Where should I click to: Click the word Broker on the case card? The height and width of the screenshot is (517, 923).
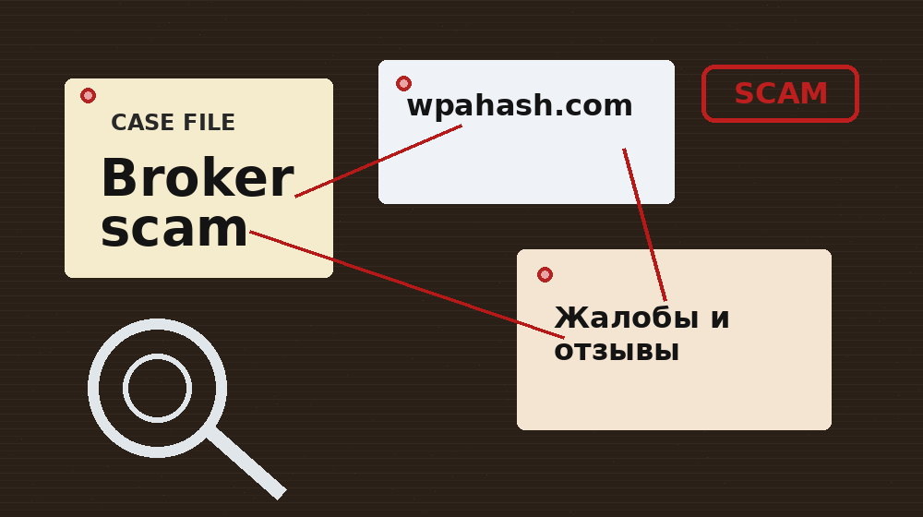pos(196,179)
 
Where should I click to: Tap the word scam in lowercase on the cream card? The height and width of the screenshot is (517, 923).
pos(174,229)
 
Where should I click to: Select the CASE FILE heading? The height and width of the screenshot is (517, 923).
pos(173,123)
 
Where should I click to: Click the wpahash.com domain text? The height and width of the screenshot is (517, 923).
pos(520,106)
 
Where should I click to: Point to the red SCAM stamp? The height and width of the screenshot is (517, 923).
pos(781,93)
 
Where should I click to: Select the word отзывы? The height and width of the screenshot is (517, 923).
pos(617,351)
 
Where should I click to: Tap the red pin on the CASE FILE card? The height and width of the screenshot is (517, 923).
pos(88,95)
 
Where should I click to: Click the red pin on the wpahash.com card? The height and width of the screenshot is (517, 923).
pos(403,84)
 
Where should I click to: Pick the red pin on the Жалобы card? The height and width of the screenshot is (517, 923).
pos(545,274)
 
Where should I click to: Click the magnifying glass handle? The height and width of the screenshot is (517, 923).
pos(246,463)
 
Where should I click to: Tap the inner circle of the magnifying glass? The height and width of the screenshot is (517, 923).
pos(157,388)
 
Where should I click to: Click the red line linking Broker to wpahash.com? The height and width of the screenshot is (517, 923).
pos(378,161)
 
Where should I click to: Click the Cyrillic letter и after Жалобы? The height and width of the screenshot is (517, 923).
pos(719,319)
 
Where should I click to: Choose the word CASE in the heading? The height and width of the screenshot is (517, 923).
pos(138,123)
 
